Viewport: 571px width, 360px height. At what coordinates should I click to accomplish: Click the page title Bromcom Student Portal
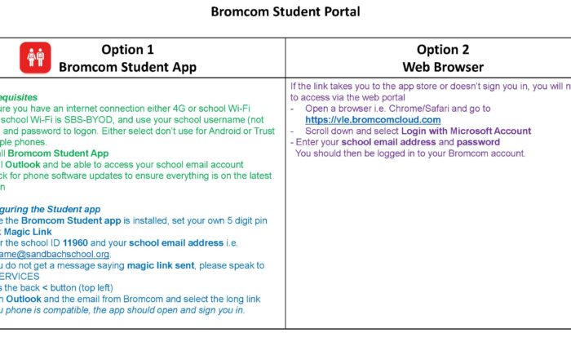[285, 12]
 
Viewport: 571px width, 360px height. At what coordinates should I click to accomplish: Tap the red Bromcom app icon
[35, 57]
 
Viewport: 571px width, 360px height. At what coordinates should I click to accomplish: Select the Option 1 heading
[127, 49]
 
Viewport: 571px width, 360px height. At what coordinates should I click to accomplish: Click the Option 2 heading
[442, 49]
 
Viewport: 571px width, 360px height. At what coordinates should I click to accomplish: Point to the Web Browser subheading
[442, 66]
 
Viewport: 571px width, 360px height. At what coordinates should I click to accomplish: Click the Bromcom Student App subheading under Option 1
[127, 66]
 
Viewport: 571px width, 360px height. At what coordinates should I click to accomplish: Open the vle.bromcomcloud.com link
[373, 120]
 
